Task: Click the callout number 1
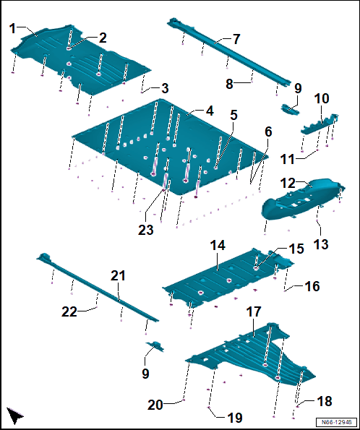(12, 28)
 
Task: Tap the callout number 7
(237, 39)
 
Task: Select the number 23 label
(146, 230)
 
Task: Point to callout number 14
(218, 245)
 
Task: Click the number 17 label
(254, 311)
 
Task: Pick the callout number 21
(118, 275)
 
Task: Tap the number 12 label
(288, 183)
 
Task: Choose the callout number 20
(155, 405)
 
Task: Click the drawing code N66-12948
(336, 422)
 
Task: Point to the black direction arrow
(14, 416)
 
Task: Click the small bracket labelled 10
(320, 125)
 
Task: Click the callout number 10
(321, 98)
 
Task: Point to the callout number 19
(235, 418)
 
